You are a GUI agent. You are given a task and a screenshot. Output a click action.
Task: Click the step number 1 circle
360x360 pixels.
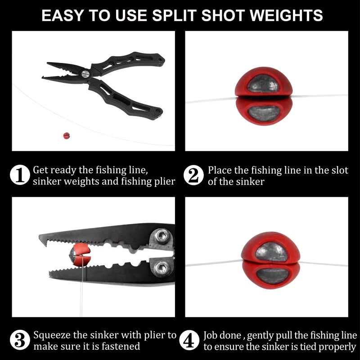coord(20,175)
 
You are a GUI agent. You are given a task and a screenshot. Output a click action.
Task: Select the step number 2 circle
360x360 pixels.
coord(193,175)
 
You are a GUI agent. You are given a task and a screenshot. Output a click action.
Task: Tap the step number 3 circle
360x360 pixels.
coord(20,341)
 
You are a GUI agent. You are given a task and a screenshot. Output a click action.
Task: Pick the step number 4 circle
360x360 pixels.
coord(189,341)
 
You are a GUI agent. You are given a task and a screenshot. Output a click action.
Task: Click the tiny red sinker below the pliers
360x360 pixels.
coord(66,135)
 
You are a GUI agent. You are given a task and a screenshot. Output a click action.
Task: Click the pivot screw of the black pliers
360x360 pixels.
coord(85,72)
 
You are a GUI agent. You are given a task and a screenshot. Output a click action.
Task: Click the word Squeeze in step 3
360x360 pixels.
coord(50,335)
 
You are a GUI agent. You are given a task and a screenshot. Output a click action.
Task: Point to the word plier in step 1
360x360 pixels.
coord(164,181)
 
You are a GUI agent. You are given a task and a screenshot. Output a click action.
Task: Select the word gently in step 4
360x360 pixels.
coord(264,336)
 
